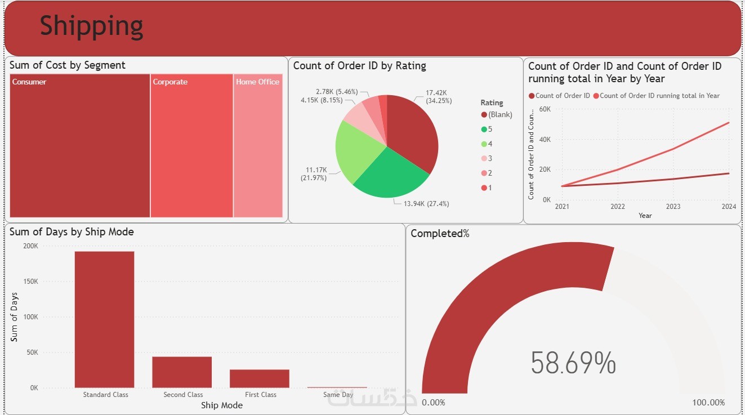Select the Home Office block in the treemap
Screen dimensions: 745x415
coord(258,146)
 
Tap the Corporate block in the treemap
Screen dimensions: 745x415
coord(191,146)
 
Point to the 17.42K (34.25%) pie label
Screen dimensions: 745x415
coord(439,96)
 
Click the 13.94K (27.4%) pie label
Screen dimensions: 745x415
coord(426,203)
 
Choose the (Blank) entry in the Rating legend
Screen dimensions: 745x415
coord(497,115)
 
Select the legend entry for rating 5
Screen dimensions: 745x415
coord(487,130)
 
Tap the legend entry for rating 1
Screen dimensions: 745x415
coord(487,188)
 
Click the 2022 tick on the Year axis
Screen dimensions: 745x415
coord(618,207)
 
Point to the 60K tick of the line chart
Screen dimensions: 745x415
coord(545,109)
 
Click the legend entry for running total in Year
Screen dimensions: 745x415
coord(657,96)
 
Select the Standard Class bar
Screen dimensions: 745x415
coord(104,320)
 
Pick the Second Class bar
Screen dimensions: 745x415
coord(182,372)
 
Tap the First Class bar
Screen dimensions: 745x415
coord(260,378)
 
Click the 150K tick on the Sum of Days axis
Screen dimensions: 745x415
coord(30,282)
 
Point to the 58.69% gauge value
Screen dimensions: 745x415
coord(573,363)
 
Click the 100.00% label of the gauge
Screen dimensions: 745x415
coord(708,403)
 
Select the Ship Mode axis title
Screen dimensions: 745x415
coord(222,405)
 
